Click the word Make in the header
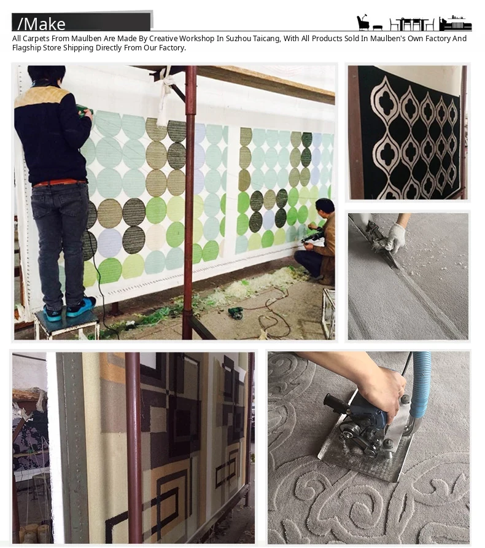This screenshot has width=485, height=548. pyautogui.click(x=44, y=24)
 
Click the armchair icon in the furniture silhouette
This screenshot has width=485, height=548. pyautogui.click(x=363, y=23)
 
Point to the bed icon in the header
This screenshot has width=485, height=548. pyautogui.click(x=456, y=23)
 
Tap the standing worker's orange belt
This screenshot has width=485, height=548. pyautogui.click(x=60, y=182)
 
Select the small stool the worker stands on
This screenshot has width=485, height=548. pyautogui.click(x=66, y=323)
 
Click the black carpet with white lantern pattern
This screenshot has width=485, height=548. pyautogui.click(x=408, y=133)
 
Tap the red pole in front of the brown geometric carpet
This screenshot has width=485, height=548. pyautogui.click(x=134, y=447)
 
